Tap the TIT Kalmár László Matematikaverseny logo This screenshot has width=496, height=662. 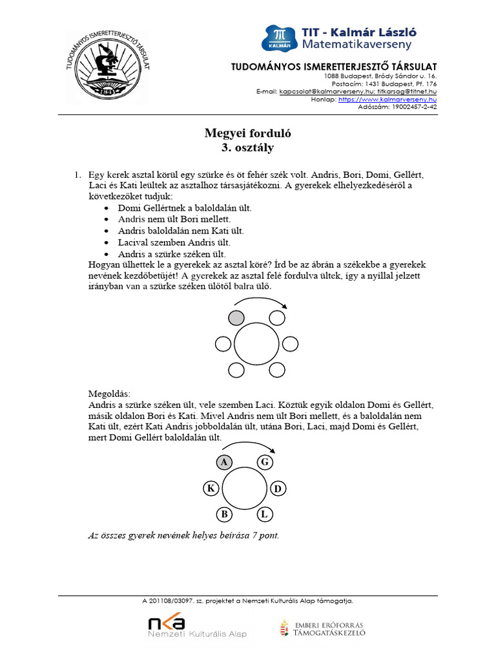coord(338,38)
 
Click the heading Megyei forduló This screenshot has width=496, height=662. coord(248,134)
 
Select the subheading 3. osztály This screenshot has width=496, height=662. coord(248,148)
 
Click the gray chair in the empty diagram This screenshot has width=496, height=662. coord(236,317)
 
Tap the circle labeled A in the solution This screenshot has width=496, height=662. coord(223,462)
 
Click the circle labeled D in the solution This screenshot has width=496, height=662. coord(277,488)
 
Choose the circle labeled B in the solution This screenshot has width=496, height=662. coord(223,514)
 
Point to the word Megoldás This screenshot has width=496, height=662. coord(109,393)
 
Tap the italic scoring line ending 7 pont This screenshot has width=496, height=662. coord(183,535)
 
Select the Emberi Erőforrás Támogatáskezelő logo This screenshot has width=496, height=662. coord(323,628)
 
